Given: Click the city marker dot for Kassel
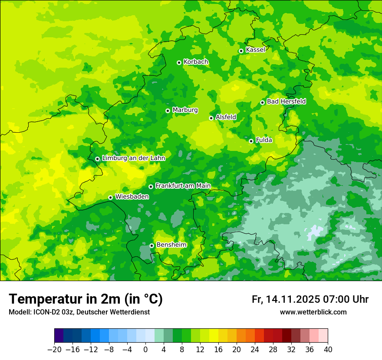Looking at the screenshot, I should pyautogui.click(x=241, y=51).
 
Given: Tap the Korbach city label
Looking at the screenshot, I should pyautogui.click(x=196, y=62).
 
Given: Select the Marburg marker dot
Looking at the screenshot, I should pyautogui.click(x=168, y=111).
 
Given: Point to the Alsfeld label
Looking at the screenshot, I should pyautogui.click(x=226, y=117).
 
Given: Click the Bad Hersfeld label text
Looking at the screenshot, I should pyautogui.click(x=286, y=101).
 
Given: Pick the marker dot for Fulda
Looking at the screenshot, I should pyautogui.click(x=251, y=141).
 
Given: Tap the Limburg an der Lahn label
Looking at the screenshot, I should pyautogui.click(x=133, y=158).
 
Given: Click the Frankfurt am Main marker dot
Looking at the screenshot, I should pyautogui.click(x=151, y=187).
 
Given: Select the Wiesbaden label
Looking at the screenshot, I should pyautogui.click(x=132, y=197).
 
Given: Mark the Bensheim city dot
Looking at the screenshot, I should pyautogui.click(x=151, y=245).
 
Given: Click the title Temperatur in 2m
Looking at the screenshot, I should pyautogui.click(x=86, y=299).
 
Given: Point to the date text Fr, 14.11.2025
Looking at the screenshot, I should pyautogui.click(x=286, y=299).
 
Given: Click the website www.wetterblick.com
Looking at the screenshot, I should pyautogui.click(x=313, y=312).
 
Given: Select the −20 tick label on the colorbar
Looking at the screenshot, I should pyautogui.click(x=54, y=350).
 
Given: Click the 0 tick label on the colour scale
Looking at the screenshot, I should pyautogui.click(x=145, y=350).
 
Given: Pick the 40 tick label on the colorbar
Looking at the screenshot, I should pyautogui.click(x=328, y=350).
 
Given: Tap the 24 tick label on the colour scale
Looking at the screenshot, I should pyautogui.click(x=255, y=350).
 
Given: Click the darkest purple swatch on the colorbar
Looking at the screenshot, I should pyautogui.click(x=59, y=336).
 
